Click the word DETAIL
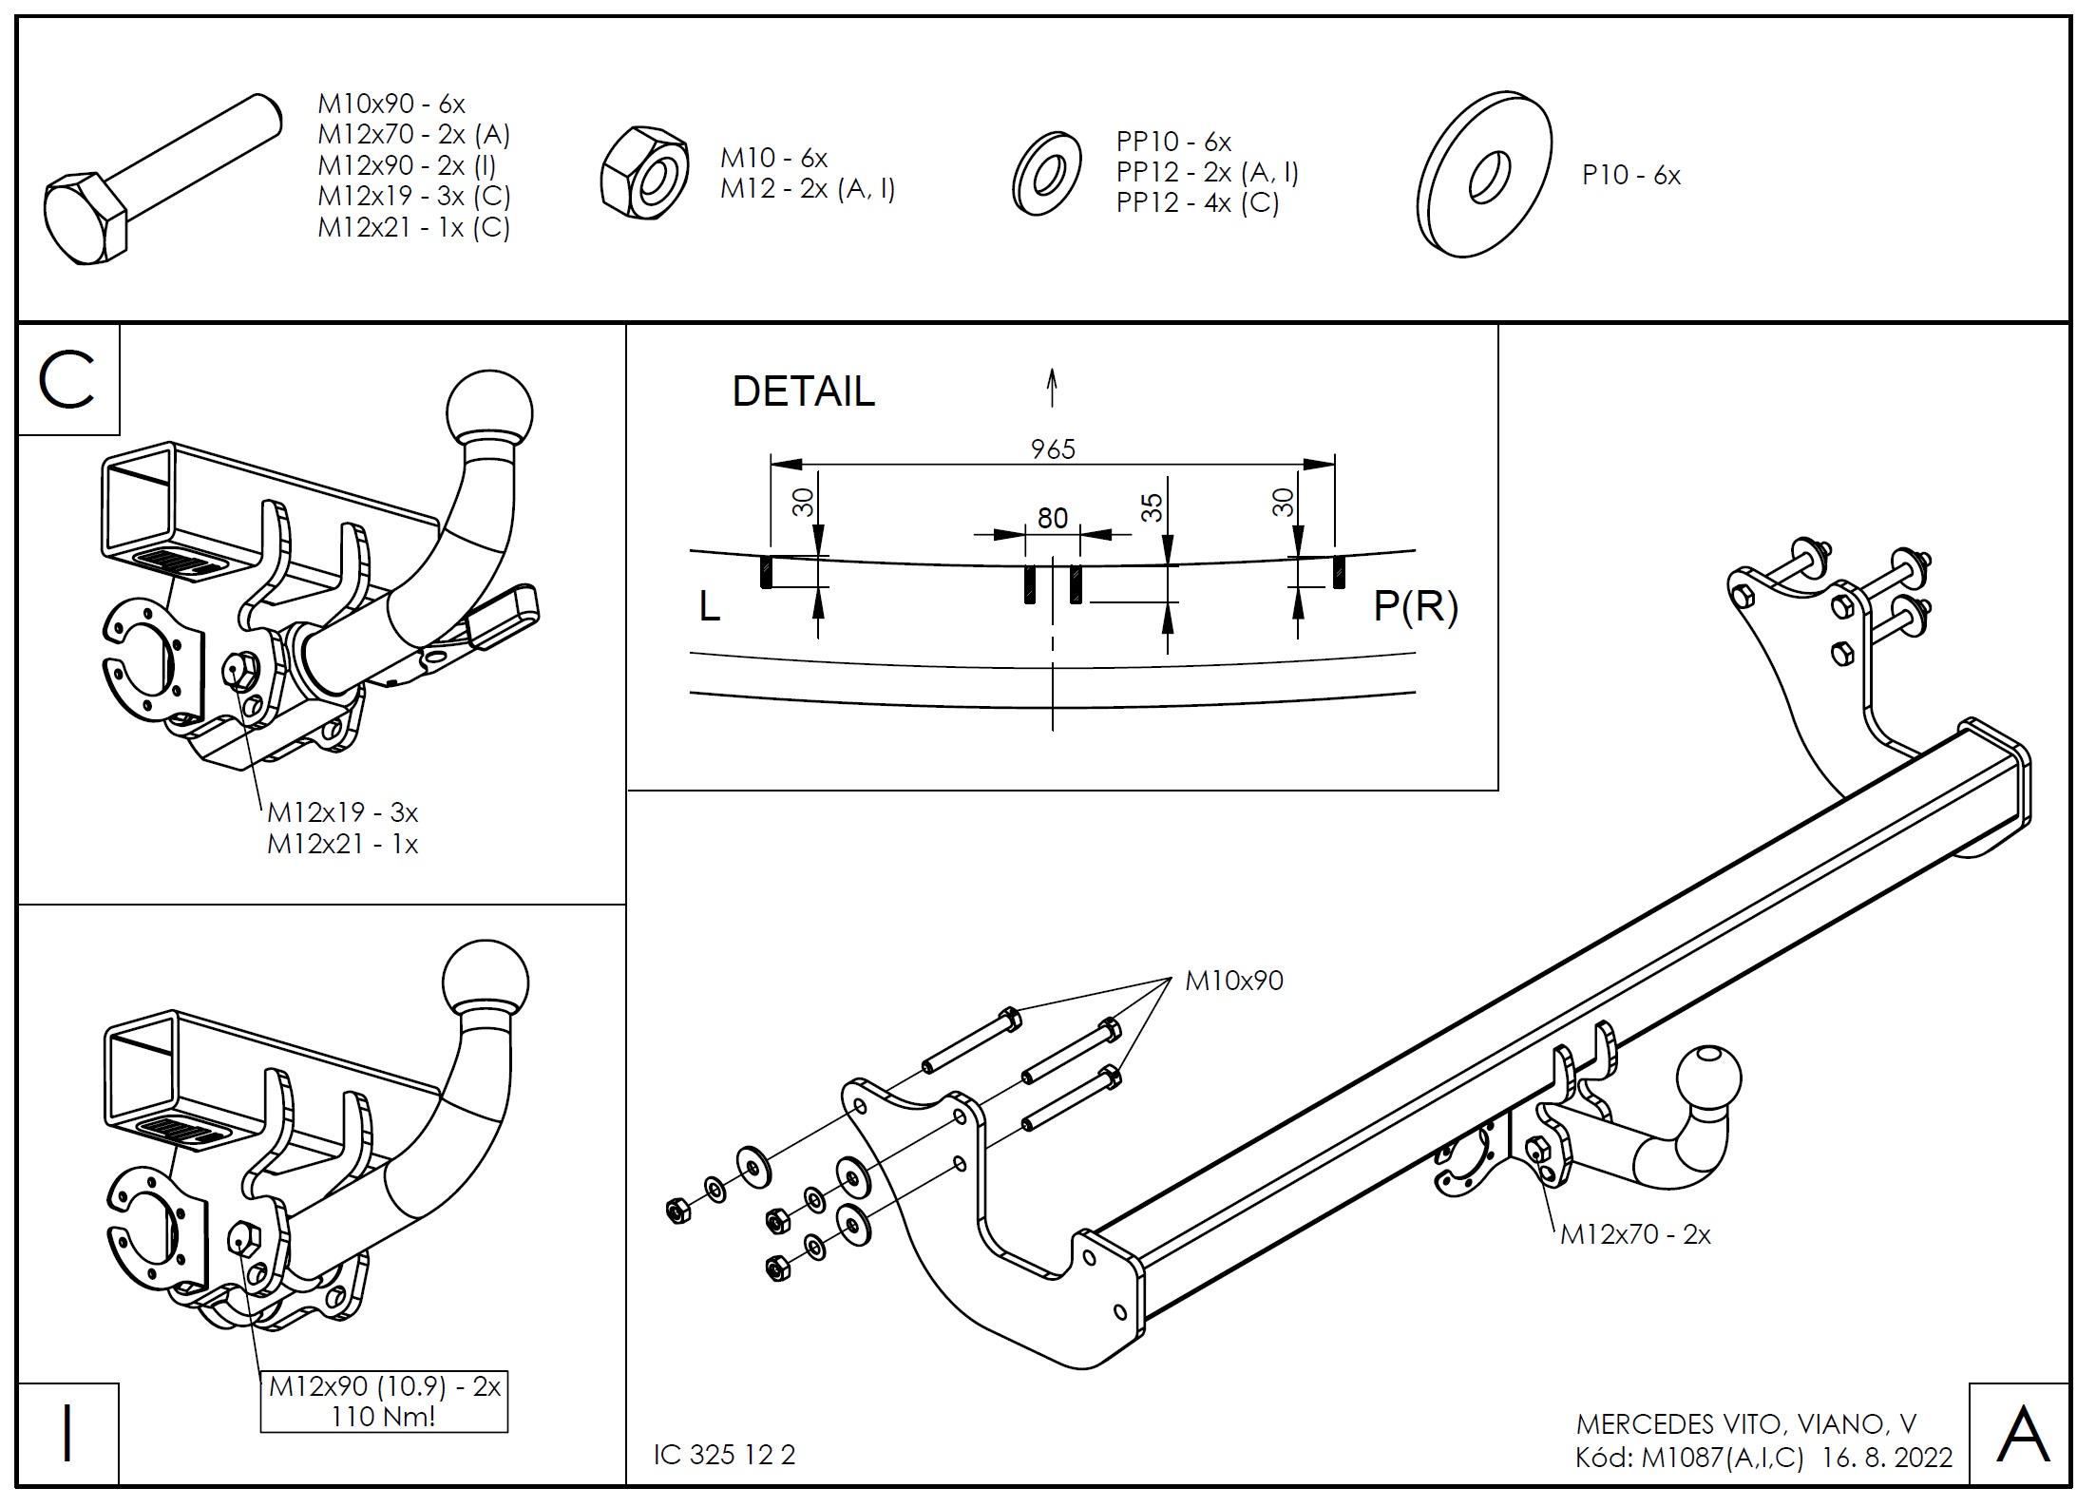(803, 391)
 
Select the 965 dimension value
(1053, 448)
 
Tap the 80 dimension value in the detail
(1052, 518)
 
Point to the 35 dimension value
(1152, 507)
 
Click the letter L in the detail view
(709, 606)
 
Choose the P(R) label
(1415, 606)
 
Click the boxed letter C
(67, 380)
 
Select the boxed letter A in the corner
(2023, 1434)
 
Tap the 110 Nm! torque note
(384, 1417)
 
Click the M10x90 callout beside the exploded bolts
(1233, 981)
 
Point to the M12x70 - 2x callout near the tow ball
(1635, 1234)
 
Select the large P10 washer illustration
(1484, 174)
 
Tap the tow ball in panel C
(488, 410)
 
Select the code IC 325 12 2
(724, 1455)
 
